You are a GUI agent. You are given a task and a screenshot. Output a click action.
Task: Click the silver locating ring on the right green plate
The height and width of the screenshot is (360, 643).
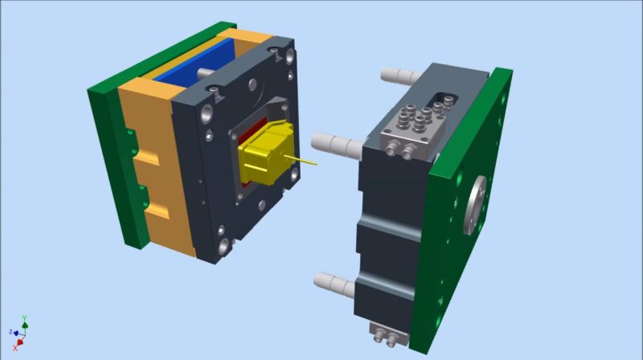tap(475, 205)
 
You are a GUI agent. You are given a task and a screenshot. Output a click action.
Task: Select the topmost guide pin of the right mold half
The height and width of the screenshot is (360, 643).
tap(399, 76)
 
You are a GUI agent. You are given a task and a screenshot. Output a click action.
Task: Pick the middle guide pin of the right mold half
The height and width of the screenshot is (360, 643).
tap(336, 145)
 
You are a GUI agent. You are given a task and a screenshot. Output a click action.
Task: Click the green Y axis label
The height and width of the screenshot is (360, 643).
tap(25, 317)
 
